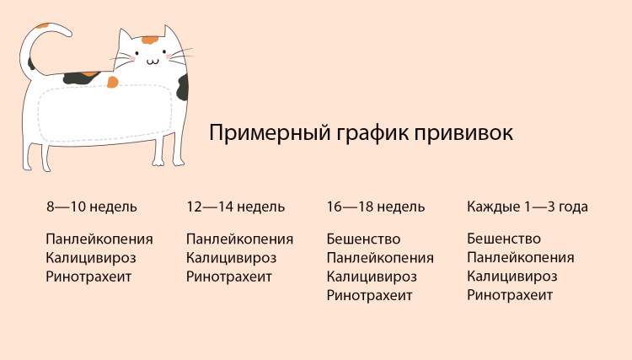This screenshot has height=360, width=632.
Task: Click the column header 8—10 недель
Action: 92,207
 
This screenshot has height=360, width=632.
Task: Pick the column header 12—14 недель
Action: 236,207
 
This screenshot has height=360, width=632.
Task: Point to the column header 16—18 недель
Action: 376,207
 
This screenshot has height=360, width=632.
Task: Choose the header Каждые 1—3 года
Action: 528,207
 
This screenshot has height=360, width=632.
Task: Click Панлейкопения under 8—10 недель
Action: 99,239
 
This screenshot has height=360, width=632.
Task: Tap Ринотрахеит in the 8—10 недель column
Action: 89,276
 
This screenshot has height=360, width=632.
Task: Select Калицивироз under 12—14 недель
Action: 231,258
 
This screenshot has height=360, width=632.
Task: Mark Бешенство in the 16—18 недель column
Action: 363,239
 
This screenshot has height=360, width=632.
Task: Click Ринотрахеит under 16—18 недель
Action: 370,295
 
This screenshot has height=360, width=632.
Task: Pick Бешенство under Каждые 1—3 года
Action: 504,239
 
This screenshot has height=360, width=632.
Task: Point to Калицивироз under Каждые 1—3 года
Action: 512,277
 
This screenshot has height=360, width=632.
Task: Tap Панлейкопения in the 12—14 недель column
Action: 240,239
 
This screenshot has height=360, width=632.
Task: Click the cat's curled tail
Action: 42,42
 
